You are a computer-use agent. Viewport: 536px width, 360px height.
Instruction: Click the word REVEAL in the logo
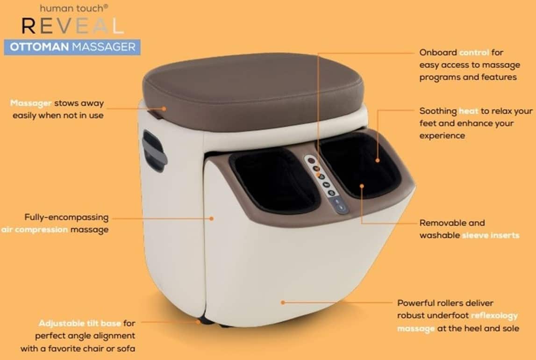tap(72, 26)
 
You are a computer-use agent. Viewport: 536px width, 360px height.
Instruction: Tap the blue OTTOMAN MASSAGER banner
tap(72, 47)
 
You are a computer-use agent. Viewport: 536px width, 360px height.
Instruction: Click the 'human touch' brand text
tap(74, 8)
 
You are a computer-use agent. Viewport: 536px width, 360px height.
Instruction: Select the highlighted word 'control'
tap(474, 52)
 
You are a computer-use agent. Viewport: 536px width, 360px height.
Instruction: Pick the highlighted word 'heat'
tap(468, 111)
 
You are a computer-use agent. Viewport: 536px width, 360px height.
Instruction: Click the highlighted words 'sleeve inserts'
tap(491, 235)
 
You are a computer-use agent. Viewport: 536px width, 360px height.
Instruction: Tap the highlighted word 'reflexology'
tap(494, 316)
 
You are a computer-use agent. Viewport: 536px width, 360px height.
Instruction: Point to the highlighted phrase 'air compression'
tap(34, 230)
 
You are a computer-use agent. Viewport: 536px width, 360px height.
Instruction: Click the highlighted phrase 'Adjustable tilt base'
tap(79, 323)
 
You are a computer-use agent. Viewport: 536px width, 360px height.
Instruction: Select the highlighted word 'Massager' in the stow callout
tap(31, 103)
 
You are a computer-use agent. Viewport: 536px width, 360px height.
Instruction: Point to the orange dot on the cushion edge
tap(164, 109)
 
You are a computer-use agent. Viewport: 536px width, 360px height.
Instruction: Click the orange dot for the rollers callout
tap(283, 302)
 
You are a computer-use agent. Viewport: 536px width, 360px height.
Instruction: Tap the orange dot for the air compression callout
tap(212, 218)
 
